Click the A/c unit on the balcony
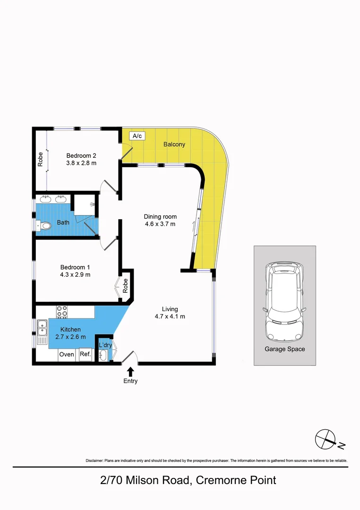[x=137, y=136]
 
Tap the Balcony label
[x=174, y=144]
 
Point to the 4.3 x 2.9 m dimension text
[x=75, y=274]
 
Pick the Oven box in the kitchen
[x=67, y=354]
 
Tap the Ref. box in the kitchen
[x=86, y=354]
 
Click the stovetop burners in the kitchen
[x=62, y=311]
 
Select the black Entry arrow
[x=130, y=372]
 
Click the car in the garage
[x=284, y=301]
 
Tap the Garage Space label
[x=284, y=349]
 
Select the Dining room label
[x=161, y=217]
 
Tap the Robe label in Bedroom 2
[x=41, y=159]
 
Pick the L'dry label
[x=105, y=345]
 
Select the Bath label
[x=63, y=222]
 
